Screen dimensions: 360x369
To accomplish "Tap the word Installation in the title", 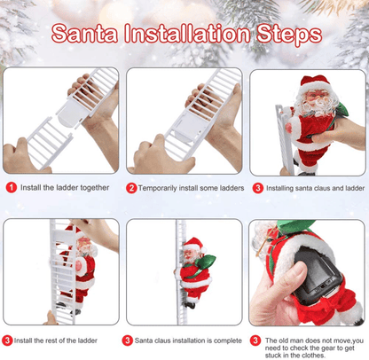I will (190, 35).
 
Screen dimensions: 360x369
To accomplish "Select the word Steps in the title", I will (287, 35).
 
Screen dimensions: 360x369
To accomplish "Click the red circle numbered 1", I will (11, 188).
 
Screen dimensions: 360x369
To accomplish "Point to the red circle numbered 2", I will (131, 188).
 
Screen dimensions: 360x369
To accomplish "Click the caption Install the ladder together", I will (64, 188).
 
